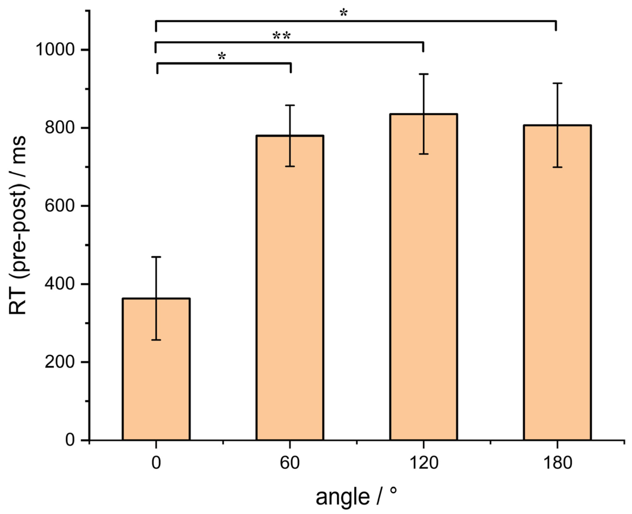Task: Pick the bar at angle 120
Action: (x=423, y=281)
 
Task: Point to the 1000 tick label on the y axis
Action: (x=55, y=49)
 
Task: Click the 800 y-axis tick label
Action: (x=59, y=128)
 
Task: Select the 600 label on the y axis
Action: (x=59, y=206)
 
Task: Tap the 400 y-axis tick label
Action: (x=59, y=284)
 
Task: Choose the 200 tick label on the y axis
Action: (x=59, y=362)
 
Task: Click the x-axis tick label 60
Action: (x=289, y=462)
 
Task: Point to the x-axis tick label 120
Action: (x=423, y=462)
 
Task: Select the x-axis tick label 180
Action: (x=557, y=462)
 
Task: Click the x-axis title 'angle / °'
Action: (x=356, y=497)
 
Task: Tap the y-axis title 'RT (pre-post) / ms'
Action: (x=18, y=225)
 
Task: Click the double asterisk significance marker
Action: (x=282, y=36)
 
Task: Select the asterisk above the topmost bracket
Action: (x=343, y=13)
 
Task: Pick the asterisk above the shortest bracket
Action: (x=222, y=56)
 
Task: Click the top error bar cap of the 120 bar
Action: (x=423, y=74)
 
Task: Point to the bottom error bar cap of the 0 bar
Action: (x=156, y=340)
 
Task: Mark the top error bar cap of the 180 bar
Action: (x=557, y=83)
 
